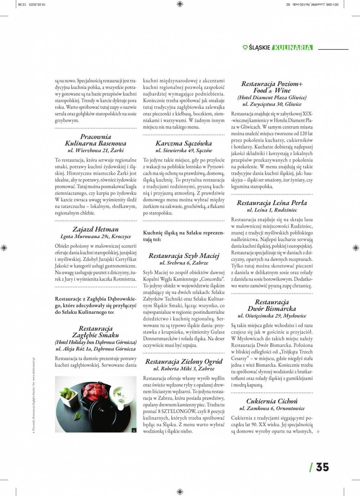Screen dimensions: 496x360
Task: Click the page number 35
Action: [x=322, y=467]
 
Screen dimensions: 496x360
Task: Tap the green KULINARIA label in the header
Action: [x=292, y=48]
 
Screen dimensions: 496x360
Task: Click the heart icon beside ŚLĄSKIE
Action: [x=245, y=48]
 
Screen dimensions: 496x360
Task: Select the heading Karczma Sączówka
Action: [x=184, y=143]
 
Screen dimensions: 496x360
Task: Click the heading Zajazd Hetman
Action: [x=95, y=229]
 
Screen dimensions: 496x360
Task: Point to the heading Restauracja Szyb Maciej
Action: [x=184, y=256]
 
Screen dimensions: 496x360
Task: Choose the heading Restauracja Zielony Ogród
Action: [x=184, y=361]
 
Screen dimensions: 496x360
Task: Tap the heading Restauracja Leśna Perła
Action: [x=272, y=202]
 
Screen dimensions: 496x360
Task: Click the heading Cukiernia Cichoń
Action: [x=272, y=401]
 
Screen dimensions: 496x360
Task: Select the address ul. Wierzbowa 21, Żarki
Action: [x=95, y=151]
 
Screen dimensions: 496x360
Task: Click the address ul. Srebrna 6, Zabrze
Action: [x=184, y=263]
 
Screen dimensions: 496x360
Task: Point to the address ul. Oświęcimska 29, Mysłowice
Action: [x=272, y=316]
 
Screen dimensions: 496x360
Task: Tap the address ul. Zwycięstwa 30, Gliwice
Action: [x=272, y=104]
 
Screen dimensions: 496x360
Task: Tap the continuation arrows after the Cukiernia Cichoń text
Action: [x=318, y=432]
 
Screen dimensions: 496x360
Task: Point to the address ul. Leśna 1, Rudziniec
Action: [x=272, y=210]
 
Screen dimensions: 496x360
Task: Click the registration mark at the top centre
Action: [x=180, y=4]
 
